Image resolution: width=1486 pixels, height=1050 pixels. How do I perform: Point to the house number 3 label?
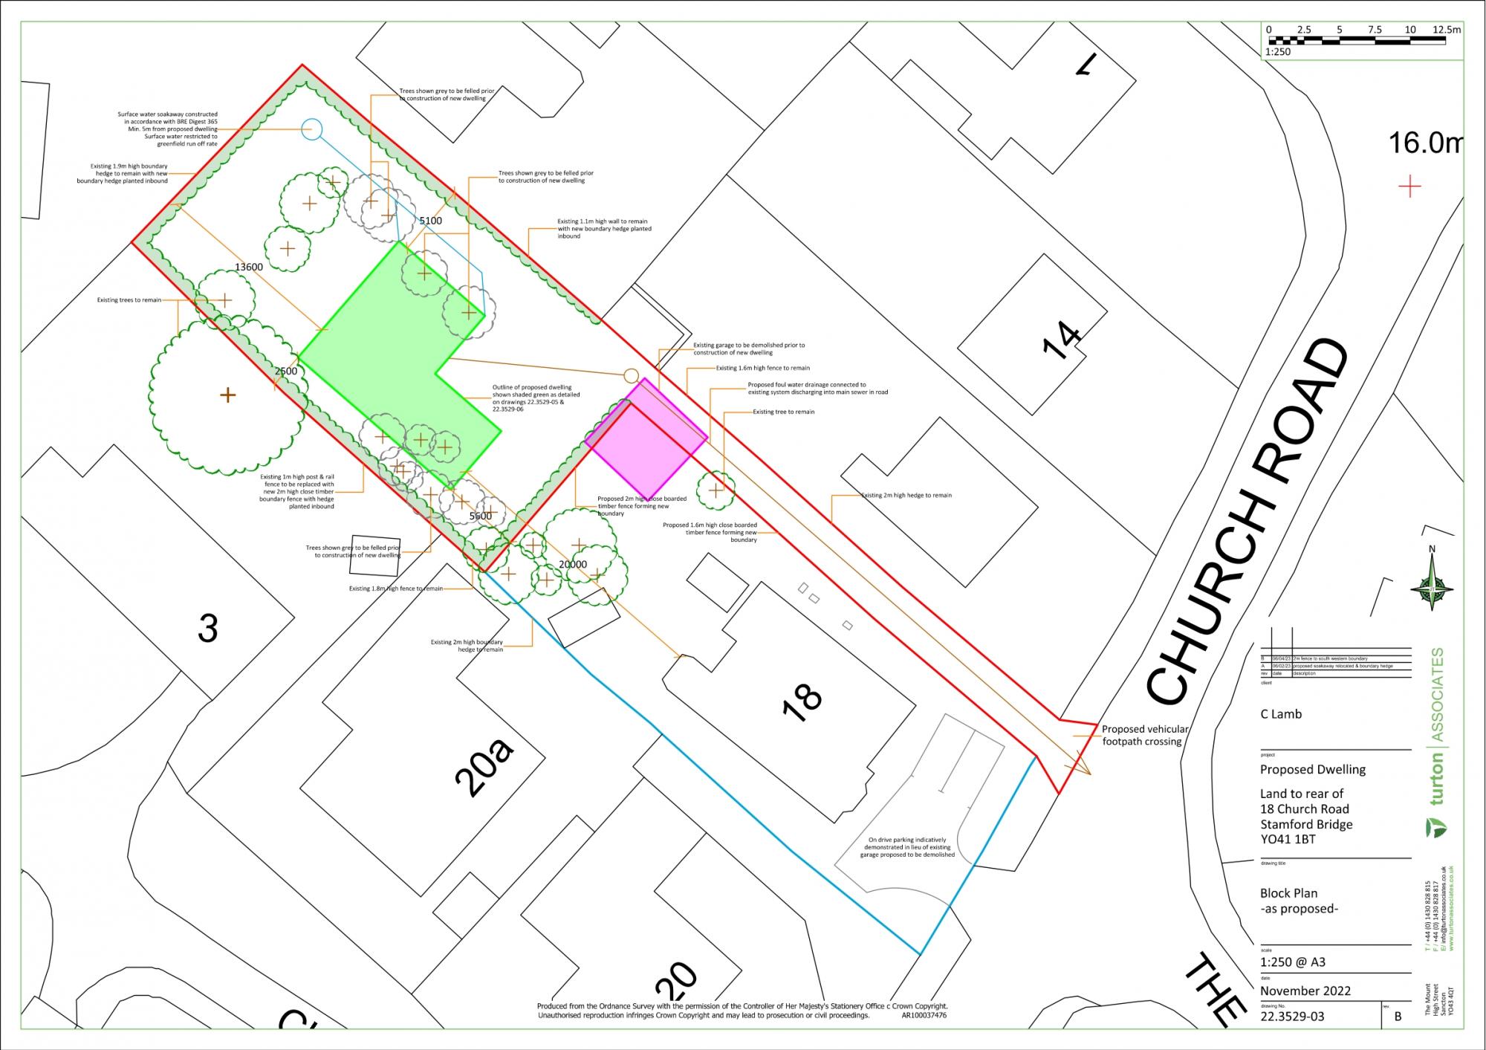208,629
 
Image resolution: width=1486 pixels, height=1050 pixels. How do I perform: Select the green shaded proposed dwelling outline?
394,349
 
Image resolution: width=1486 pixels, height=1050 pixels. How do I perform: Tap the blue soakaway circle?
312,129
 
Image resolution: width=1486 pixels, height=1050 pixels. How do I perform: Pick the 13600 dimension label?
248,268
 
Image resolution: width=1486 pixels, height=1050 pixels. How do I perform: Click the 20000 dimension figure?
572,565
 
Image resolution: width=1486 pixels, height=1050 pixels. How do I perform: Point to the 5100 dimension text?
430,221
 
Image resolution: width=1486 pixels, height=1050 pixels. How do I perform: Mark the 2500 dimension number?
286,371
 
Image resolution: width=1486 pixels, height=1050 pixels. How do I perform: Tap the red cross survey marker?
1409,186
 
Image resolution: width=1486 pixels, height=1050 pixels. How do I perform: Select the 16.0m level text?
1424,143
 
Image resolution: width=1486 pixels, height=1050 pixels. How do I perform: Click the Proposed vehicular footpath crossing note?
1144,735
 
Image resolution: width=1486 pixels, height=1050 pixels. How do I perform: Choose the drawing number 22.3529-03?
1292,1017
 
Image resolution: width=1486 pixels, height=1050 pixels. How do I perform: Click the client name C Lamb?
1281,714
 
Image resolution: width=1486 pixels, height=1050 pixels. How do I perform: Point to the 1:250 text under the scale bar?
1278,52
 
